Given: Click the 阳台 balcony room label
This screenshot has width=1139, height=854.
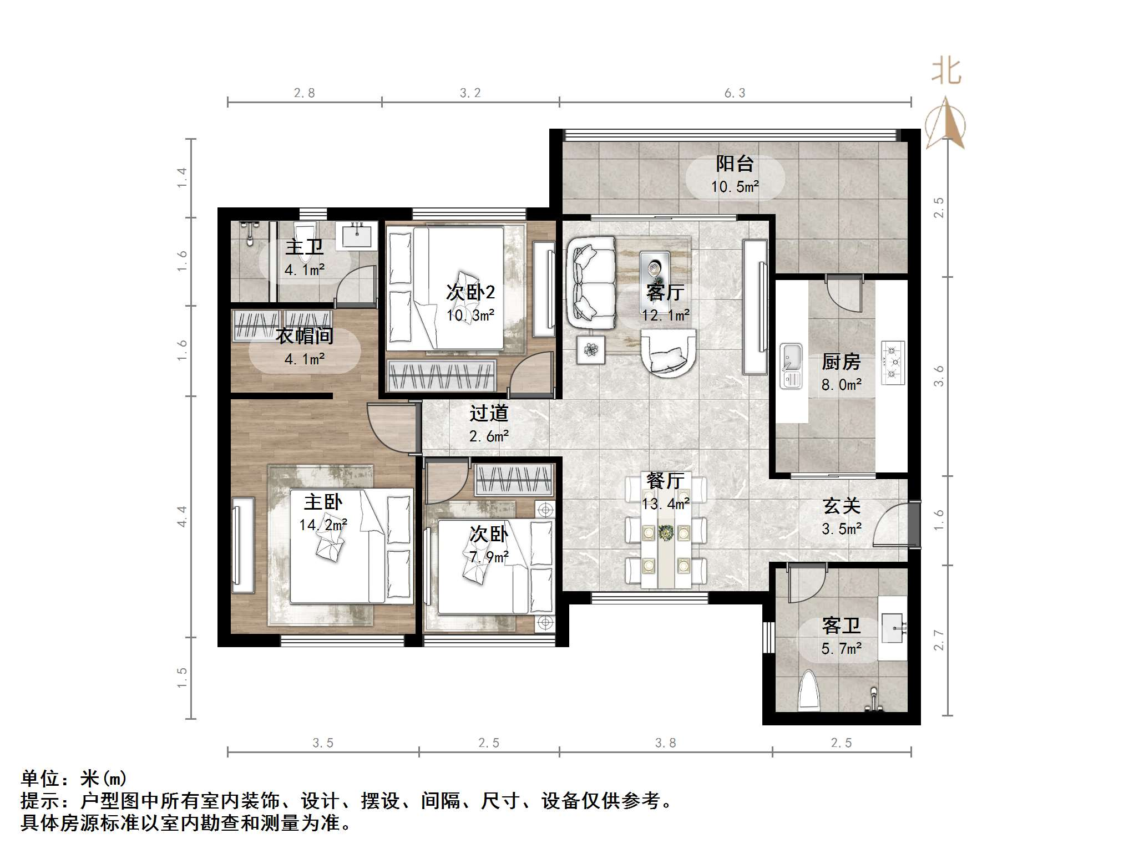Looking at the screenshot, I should coord(735,164).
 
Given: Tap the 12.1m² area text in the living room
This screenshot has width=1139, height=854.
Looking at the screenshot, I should coord(665,316).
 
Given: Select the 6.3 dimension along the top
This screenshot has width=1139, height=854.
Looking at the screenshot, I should coord(735,93).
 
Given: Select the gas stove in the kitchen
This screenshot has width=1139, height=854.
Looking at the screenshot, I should coord(893,363).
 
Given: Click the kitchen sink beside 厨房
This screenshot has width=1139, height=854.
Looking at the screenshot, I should coord(791,365).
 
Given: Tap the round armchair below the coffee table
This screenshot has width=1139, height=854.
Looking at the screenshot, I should coord(668,353).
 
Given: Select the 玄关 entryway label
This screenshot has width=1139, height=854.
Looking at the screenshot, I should coord(841,506).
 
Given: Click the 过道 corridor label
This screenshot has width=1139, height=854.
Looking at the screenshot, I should coord(488,413).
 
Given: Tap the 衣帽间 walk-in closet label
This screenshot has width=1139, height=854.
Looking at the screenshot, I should coord(305,335).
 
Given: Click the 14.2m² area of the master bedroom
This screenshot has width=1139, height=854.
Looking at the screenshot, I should coord(323,525).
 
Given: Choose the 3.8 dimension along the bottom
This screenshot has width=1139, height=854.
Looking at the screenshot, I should coord(665,743).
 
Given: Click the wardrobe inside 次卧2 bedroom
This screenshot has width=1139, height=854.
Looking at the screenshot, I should coord(441,376).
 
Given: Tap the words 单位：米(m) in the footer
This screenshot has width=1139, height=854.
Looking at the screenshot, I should coord(74,779).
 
